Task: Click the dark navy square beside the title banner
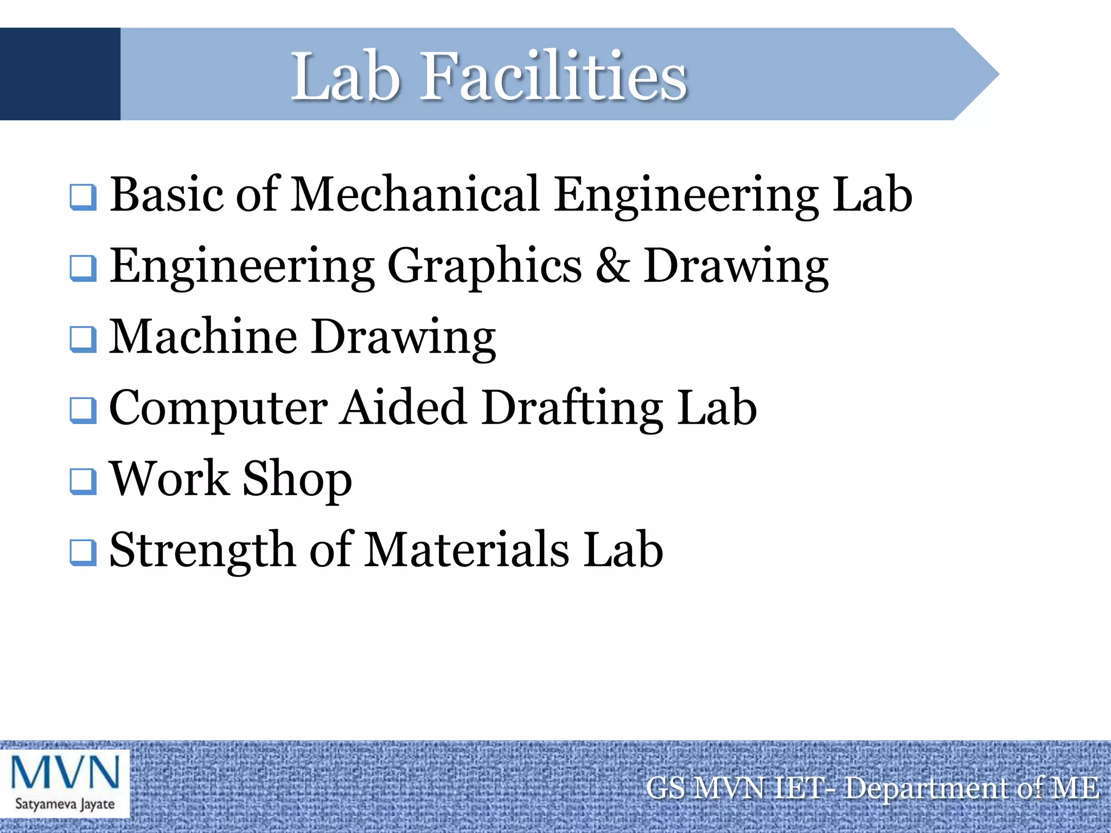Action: point(60,74)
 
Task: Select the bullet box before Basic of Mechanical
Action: point(83,197)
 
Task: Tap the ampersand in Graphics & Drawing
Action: point(612,266)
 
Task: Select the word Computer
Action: point(218,409)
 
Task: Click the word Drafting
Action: point(572,408)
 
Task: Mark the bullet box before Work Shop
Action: point(83,481)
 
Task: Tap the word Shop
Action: point(297,479)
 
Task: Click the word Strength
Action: point(202,550)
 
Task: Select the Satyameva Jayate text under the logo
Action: point(65,804)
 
